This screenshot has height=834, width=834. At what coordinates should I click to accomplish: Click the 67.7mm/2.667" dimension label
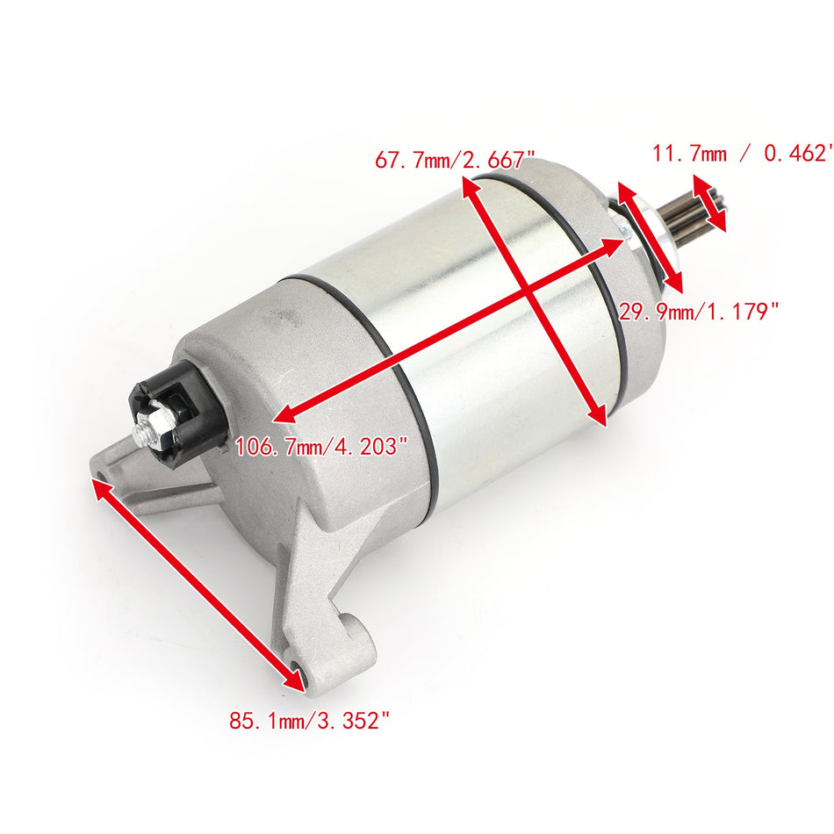455,160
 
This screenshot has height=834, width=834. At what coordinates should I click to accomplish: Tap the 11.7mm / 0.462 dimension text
742,154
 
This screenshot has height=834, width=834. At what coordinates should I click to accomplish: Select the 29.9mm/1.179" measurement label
699,311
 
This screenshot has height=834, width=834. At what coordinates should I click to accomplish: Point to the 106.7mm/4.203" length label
321,446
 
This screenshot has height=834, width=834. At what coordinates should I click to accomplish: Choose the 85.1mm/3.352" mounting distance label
309,721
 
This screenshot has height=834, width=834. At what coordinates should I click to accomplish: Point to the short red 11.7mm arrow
710,203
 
